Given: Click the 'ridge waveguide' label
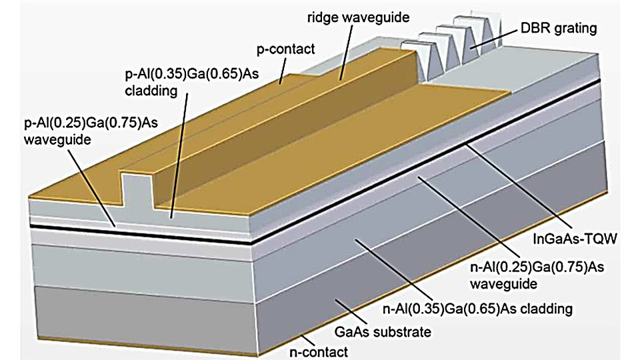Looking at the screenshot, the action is click(358, 17).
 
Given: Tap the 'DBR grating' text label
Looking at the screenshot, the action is click(559, 28).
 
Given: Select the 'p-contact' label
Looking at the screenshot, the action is click(285, 49).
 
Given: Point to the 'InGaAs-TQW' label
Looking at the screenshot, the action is click(574, 239).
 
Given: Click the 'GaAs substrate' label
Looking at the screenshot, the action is click(383, 331).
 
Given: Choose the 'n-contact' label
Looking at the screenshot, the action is click(319, 351).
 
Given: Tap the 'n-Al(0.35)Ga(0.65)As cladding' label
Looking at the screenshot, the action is click(477, 309).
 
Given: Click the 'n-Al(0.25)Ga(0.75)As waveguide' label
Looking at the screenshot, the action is click(537, 275).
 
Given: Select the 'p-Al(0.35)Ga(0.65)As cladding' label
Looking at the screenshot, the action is click(191, 82).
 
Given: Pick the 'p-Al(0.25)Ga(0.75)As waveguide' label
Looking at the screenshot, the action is click(91, 131).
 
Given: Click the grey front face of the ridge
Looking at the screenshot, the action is click(137, 191).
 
